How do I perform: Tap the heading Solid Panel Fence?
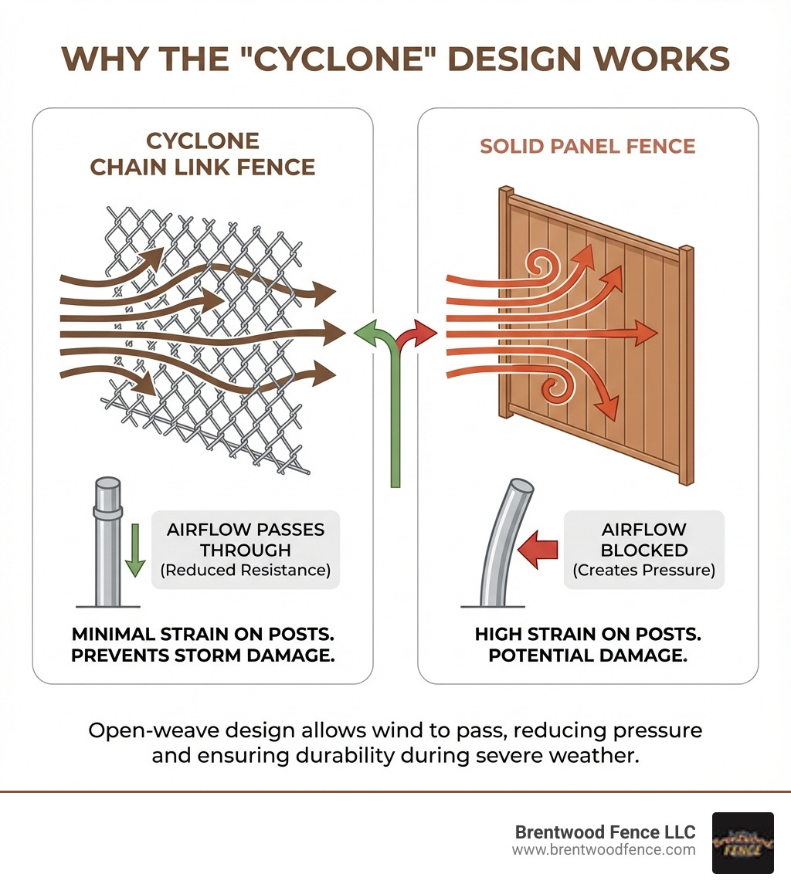click(x=588, y=146)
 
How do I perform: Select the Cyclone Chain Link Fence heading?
click(x=202, y=154)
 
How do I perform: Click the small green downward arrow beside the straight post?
click(x=135, y=550)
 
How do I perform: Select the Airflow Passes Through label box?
click(x=245, y=550)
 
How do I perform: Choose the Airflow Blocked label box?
click(x=643, y=550)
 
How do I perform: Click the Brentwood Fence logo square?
click(x=742, y=842)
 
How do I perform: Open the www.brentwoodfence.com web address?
click(x=603, y=850)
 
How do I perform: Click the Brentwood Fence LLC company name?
click(x=605, y=832)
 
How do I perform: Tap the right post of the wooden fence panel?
click(x=686, y=363)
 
